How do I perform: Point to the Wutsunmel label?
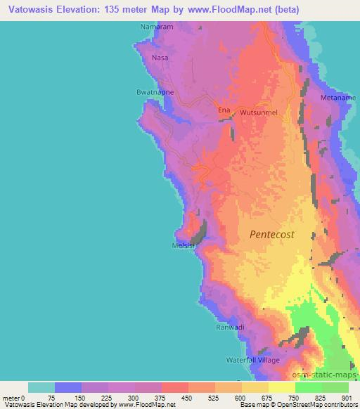pyautogui.click(x=259, y=112)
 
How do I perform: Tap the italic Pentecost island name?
pyautogui.click(x=272, y=235)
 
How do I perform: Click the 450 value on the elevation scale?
pyautogui.click(x=187, y=397)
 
